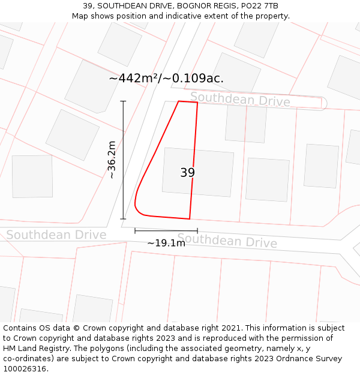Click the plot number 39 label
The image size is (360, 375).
tap(187, 173)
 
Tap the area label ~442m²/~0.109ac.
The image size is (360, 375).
tap(166, 78)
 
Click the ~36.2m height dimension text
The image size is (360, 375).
tap(112, 160)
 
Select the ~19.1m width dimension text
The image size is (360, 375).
tap(166, 243)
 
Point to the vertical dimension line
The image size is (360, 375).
tap(124, 160)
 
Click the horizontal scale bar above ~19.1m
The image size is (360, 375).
tap(166, 230)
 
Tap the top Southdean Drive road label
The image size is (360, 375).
tap(240, 100)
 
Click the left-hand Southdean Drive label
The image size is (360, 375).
tap(56, 235)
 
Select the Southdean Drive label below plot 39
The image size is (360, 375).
tap(227, 241)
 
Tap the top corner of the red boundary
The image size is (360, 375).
tap(179, 101)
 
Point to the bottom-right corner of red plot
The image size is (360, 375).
tap(190, 219)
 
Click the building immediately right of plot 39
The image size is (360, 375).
tap(268, 179)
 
